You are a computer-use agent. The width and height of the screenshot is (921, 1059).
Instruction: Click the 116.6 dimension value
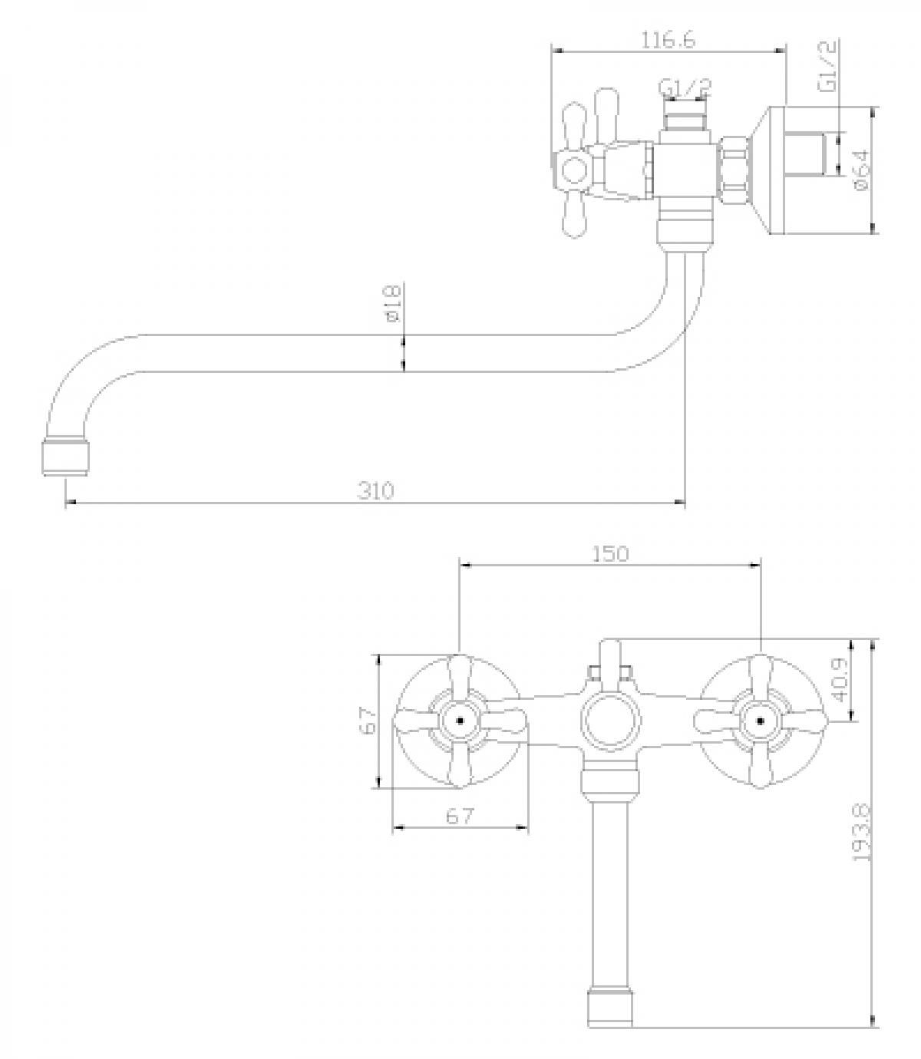[x=668, y=40]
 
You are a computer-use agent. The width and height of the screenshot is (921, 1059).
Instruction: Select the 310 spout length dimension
[x=376, y=490]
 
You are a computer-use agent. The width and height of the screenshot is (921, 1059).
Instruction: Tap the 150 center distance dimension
[x=611, y=553]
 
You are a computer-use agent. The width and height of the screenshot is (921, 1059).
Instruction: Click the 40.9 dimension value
[x=838, y=679]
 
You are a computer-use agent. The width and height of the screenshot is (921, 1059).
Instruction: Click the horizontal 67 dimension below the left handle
[x=460, y=816]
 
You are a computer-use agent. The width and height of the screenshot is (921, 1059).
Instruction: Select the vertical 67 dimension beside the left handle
[x=369, y=721]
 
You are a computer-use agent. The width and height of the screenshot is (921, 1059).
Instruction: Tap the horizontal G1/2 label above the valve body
[x=685, y=88]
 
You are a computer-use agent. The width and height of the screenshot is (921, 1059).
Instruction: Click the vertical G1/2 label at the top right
[x=827, y=68]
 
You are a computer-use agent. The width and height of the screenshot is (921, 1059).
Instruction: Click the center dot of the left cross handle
[x=460, y=721]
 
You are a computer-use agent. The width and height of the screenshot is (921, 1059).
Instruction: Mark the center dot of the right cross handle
[x=760, y=721]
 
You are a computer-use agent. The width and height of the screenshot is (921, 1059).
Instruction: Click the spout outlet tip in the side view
[x=66, y=457]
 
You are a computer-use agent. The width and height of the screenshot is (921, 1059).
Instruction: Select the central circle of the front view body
[x=611, y=721]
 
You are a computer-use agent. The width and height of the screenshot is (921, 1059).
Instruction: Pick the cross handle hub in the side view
[x=574, y=169]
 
